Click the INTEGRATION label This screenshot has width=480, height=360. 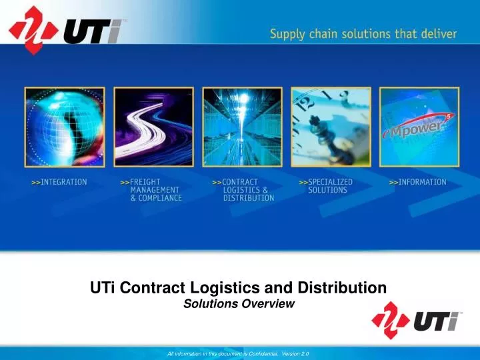point(59,182)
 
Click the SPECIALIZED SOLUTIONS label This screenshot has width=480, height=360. point(326,186)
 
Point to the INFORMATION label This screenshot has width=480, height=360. point(418,182)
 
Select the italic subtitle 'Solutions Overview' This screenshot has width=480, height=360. point(239,304)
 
